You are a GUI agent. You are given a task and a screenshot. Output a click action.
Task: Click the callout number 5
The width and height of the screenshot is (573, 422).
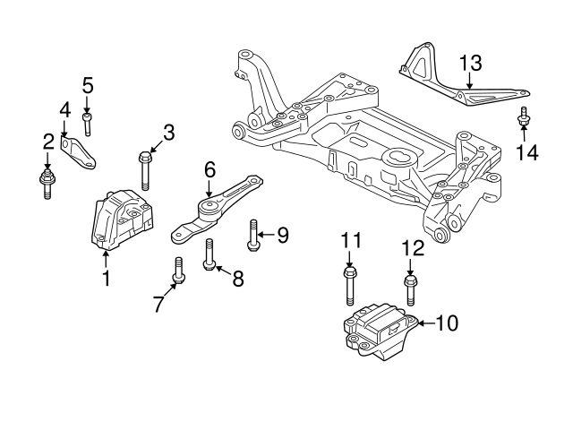click(x=87, y=86)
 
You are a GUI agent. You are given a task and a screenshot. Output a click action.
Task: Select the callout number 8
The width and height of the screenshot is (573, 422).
click(x=237, y=279)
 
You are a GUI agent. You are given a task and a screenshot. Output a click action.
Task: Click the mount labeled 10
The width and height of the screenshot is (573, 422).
click(x=377, y=333)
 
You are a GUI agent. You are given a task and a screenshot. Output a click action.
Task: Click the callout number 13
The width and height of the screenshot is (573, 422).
click(x=470, y=63)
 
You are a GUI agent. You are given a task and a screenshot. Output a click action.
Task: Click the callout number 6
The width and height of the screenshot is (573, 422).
click(x=210, y=168)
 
